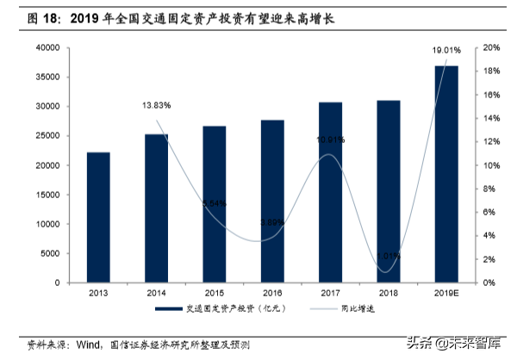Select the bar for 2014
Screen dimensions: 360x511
(156, 208)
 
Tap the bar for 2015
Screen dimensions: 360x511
(215, 204)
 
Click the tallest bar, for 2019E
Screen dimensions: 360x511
(446, 173)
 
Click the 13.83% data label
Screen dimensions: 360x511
(156, 105)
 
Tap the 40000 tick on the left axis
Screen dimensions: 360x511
(47, 47)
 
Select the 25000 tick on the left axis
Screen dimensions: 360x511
(47, 136)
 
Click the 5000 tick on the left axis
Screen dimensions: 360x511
(49, 253)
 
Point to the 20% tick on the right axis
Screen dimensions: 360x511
(489, 47)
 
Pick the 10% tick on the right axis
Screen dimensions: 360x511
(489, 165)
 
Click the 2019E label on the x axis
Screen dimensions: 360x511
(446, 294)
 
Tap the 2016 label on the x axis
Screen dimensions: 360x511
(272, 294)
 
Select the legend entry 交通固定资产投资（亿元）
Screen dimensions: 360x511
(225, 310)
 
